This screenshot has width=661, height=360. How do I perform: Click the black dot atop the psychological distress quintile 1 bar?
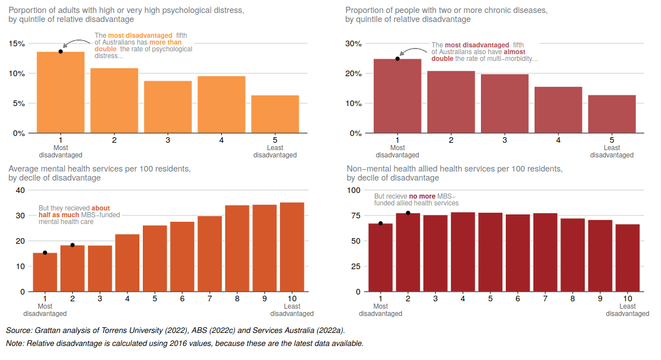pos(60,52)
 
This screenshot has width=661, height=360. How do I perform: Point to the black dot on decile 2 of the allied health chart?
pos(408,213)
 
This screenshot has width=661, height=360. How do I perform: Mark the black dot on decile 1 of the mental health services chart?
pos(45,253)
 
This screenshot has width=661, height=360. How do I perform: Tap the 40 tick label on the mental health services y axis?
pos(20,190)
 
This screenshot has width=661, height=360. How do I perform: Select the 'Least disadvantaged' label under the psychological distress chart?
pos(275,151)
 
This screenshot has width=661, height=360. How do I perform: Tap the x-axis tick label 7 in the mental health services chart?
pos(209,298)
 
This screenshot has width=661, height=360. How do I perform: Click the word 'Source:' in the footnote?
pos(19,330)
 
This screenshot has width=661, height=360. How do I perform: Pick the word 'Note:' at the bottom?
pos(15,343)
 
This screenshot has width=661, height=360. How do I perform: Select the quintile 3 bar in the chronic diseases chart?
pos(505,104)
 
